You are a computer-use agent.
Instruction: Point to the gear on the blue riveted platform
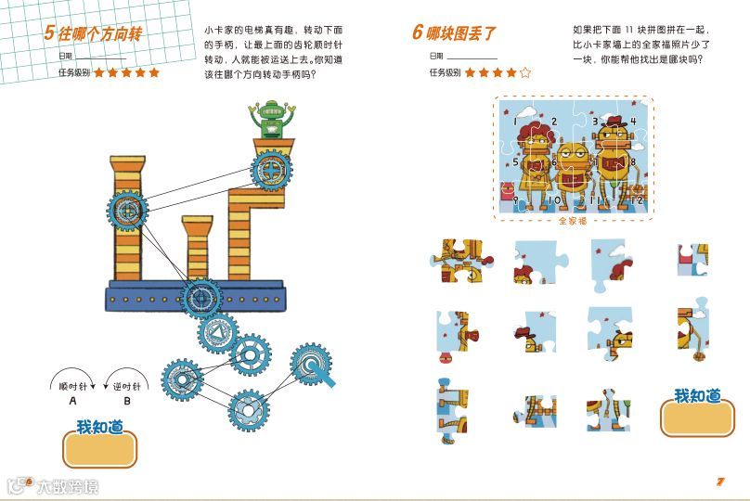coord(200,297)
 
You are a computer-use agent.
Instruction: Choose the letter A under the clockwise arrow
coord(72,402)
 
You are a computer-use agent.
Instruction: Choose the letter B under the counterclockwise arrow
coord(127,402)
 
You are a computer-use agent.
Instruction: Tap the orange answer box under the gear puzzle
coord(99,449)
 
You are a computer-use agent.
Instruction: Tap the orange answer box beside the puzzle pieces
coord(697,417)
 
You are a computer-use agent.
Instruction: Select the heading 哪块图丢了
coord(460,33)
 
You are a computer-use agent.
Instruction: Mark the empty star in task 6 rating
coord(525,71)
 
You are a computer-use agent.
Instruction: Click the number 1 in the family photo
coord(514,121)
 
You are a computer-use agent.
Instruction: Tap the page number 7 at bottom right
coord(719,481)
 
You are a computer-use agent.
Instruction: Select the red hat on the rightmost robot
coord(612,119)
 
